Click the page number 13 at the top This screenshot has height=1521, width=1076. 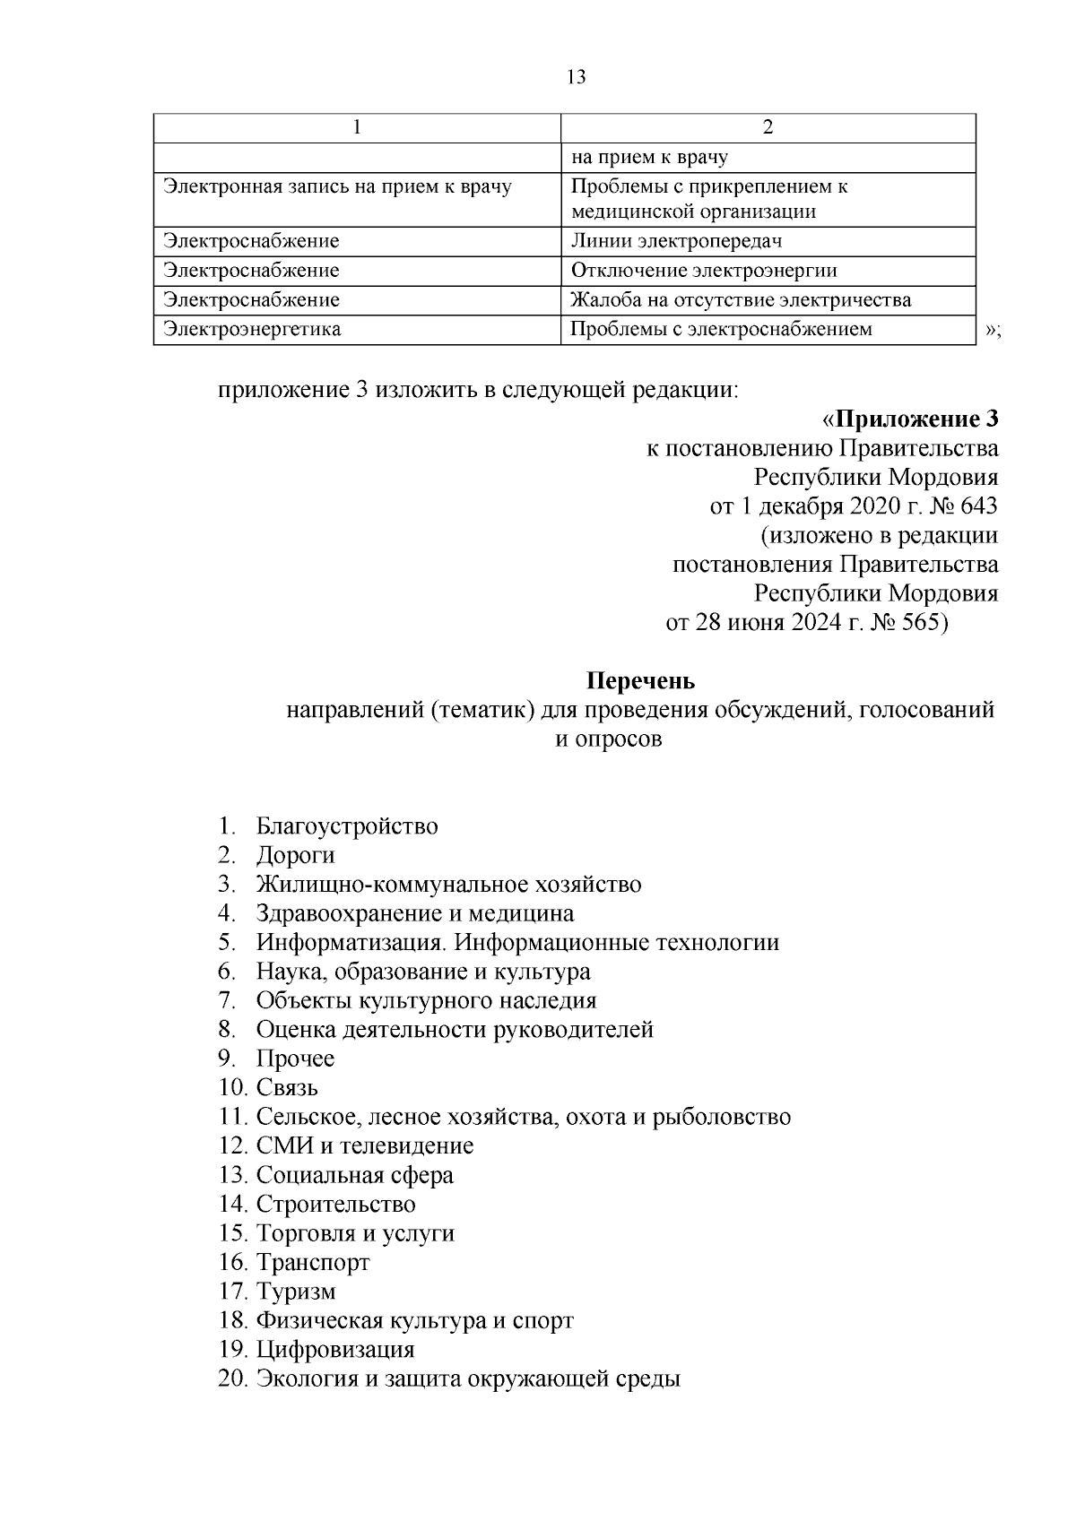point(577,77)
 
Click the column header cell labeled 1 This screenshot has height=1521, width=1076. point(358,127)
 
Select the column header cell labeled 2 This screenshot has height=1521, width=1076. point(768,127)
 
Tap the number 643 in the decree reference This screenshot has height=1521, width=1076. point(978,506)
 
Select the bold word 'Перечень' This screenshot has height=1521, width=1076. point(640,681)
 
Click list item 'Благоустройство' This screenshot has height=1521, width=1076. point(347,825)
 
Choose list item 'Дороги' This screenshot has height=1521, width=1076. point(295,855)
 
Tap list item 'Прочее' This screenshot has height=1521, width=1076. point(295,1059)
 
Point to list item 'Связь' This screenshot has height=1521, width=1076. point(287,1087)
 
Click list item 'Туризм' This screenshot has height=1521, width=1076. point(296,1292)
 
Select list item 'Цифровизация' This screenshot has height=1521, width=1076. point(335,1349)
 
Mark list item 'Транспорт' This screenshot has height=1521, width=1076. point(313,1262)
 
